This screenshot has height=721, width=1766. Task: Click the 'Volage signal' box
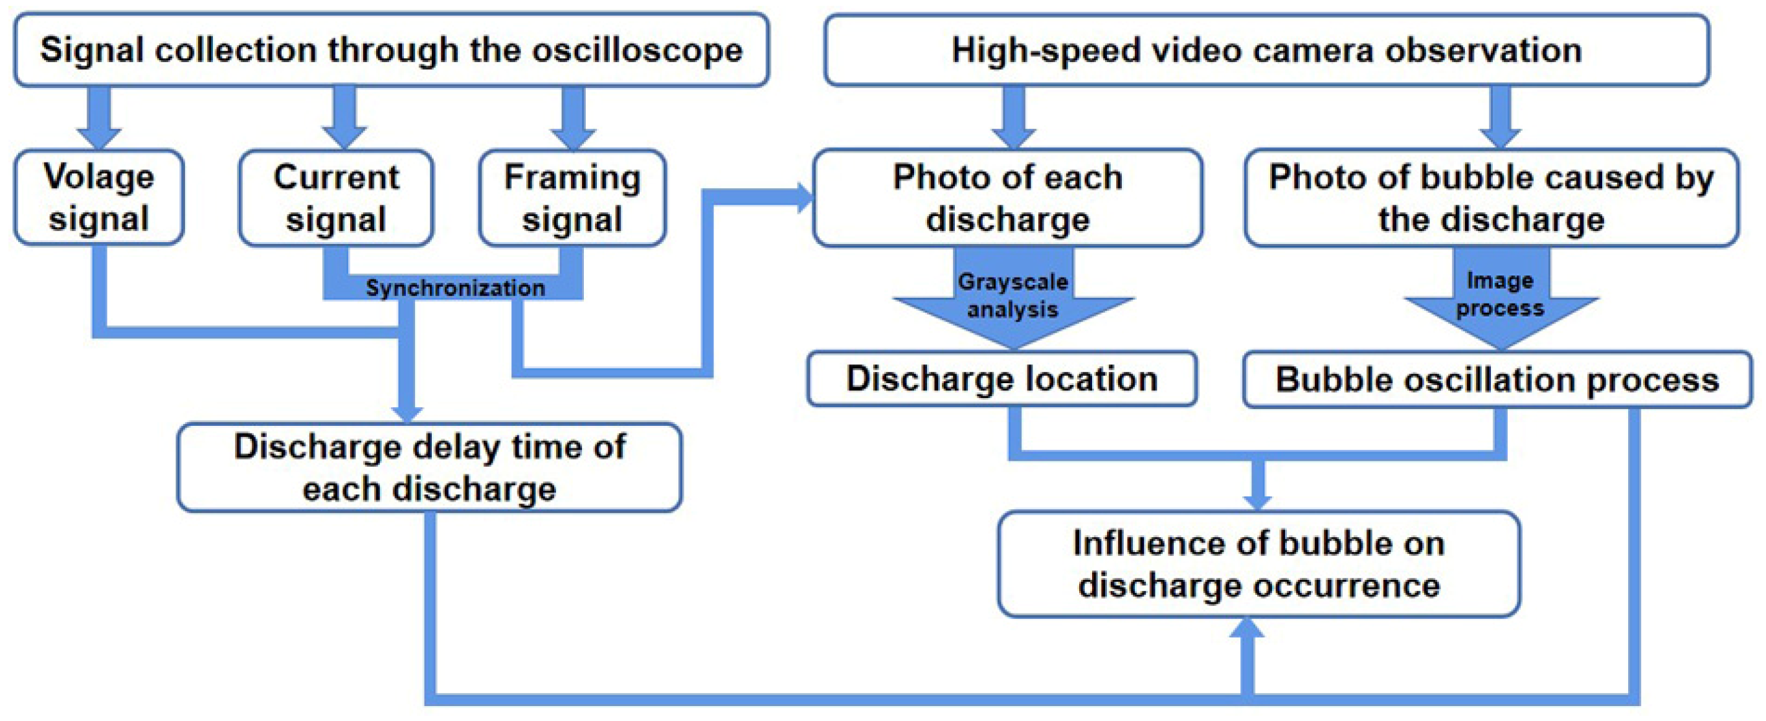tap(98, 197)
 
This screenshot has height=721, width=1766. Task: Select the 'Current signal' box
tap(335, 197)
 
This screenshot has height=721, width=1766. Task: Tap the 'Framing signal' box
tap(572, 197)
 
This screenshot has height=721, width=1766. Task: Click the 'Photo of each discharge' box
tap(1007, 197)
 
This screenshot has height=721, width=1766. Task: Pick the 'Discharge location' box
tap(1001, 379)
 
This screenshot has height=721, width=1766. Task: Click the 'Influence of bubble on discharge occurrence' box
tap(1258, 563)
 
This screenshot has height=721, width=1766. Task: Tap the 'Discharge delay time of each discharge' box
tap(429, 467)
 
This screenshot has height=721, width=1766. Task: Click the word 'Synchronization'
tap(455, 288)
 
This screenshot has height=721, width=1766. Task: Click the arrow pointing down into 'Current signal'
tap(344, 120)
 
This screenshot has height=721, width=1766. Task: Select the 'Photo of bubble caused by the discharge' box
tap(1491, 197)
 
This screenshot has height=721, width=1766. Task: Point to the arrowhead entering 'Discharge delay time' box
tap(407, 411)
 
